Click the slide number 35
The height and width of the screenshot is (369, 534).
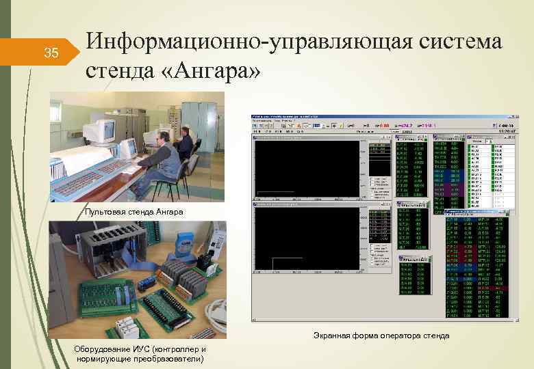(x=51, y=53)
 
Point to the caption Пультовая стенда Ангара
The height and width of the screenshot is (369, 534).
(x=134, y=212)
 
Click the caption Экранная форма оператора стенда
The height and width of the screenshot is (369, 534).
(x=381, y=336)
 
